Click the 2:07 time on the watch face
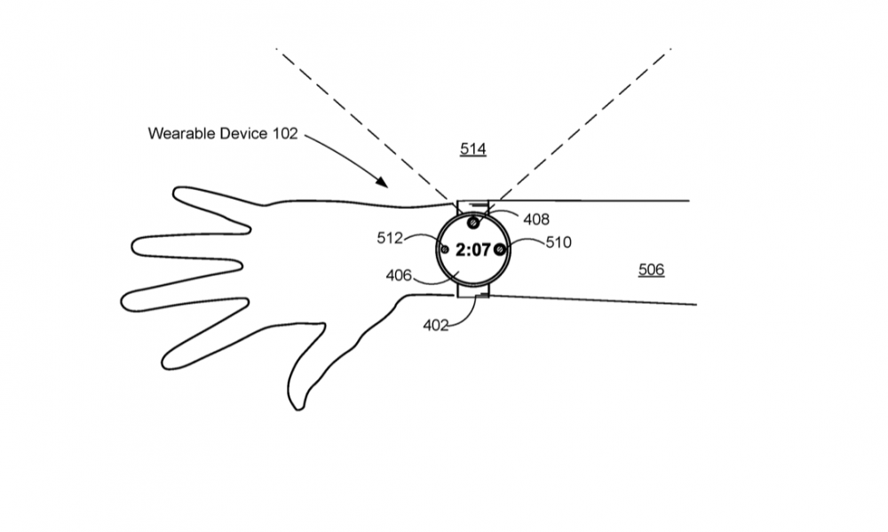tap(472, 250)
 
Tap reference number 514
tap(472, 149)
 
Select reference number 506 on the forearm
tap(651, 269)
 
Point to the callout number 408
tap(535, 219)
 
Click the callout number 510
tap(559, 242)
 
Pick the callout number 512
tap(390, 237)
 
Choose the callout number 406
tap(399, 275)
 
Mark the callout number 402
tap(435, 325)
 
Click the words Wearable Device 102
tap(222, 134)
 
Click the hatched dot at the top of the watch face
tap(473, 222)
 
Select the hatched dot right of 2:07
tap(500, 250)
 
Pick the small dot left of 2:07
tap(445, 250)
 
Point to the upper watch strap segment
tap(473, 207)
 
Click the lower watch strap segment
tap(473, 290)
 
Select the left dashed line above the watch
tap(364, 124)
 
